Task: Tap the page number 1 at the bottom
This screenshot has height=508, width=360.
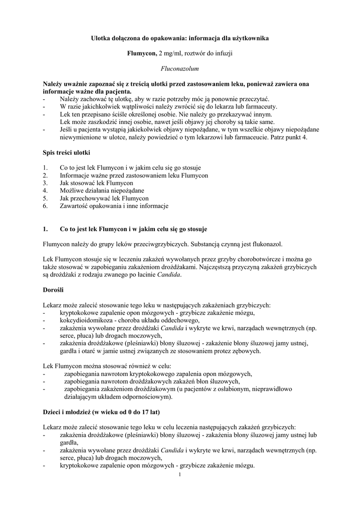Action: (x=180, y=475)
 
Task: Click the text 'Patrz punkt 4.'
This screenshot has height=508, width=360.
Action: (x=289, y=137)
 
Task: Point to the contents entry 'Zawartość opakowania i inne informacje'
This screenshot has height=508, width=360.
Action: (x=114, y=205)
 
